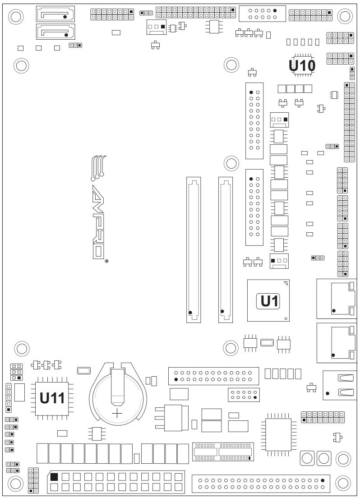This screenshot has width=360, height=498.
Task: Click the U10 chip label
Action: pyautogui.click(x=302, y=66)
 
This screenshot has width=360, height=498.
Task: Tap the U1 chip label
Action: pyautogui.click(x=269, y=301)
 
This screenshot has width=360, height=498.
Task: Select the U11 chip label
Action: pyautogui.click(x=52, y=398)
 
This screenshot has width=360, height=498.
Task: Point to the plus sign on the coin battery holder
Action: pyautogui.click(x=117, y=414)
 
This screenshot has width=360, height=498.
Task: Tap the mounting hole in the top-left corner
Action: pyautogui.click(x=16, y=16)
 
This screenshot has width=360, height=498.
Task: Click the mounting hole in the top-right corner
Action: pyautogui.click(x=345, y=15)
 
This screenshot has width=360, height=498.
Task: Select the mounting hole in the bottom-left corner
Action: pyautogui.click(x=16, y=484)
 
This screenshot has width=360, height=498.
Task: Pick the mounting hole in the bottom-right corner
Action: pyautogui.click(x=343, y=484)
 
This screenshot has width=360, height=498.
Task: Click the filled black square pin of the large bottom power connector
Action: pyautogui.click(x=54, y=476)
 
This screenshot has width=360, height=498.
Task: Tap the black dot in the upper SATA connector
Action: pyautogui.click(x=65, y=17)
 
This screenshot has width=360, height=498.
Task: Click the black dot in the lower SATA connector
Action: pyautogui.click(x=66, y=35)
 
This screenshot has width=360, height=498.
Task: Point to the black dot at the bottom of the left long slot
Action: pyautogui.click(x=190, y=313)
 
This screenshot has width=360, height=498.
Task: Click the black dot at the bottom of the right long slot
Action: pyautogui.click(x=222, y=311)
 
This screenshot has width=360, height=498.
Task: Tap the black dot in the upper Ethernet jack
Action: pyautogui.click(x=334, y=310)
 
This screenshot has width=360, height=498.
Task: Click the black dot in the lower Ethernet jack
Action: pyautogui.click(x=333, y=355)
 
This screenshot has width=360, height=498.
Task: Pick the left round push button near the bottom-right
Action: pyautogui.click(x=307, y=458)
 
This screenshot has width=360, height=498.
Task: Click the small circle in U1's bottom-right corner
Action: pyautogui.click(x=286, y=318)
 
